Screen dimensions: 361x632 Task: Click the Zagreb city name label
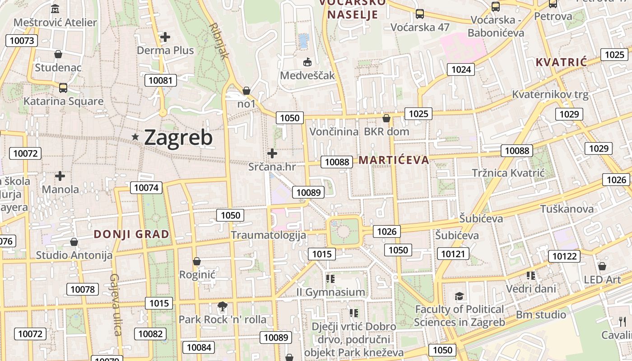(178, 138)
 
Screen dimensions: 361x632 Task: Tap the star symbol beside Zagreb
(135, 137)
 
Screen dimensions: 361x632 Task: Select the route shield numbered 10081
(160, 81)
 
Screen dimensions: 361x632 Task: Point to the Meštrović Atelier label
(55, 22)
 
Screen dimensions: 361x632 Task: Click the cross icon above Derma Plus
(165, 37)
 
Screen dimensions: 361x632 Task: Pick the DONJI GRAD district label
(131, 234)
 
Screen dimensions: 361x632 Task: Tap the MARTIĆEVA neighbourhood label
(394, 160)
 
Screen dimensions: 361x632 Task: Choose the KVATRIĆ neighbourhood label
(561, 62)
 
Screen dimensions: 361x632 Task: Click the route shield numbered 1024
(461, 69)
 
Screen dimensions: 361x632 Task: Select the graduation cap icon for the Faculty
(459, 296)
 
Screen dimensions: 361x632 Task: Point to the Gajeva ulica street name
(116, 305)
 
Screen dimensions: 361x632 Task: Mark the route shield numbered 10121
(452, 254)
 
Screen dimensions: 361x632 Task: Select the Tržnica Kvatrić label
(508, 173)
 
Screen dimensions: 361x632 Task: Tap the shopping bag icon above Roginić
(197, 261)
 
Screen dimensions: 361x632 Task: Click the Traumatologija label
(268, 235)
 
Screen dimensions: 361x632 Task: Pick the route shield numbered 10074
(146, 188)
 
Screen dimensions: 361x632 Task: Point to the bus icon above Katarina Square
(63, 88)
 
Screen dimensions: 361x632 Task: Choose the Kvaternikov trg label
(550, 95)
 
